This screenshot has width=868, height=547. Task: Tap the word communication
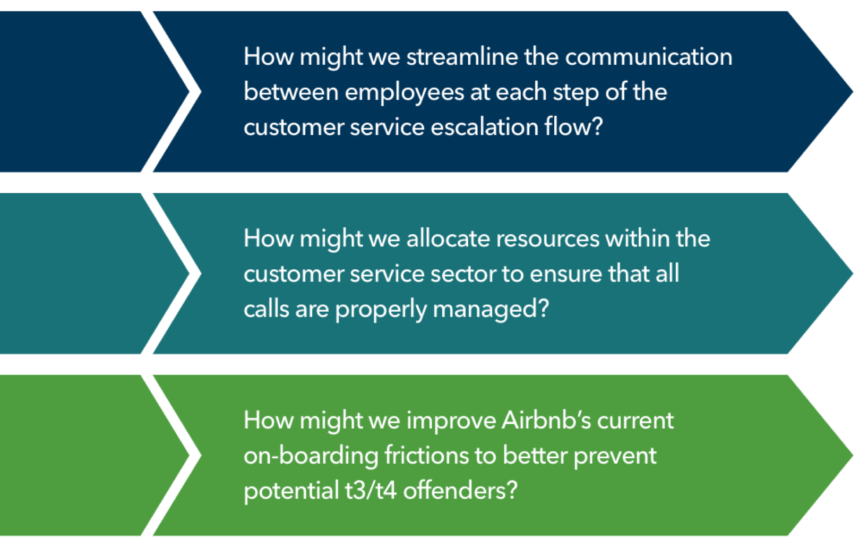[649, 57]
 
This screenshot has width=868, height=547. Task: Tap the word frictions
[427, 455]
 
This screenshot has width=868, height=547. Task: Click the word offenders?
[460, 490]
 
